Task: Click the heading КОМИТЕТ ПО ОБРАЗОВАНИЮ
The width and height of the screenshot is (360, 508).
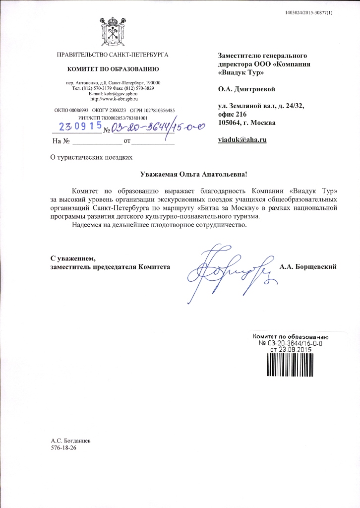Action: click(113, 67)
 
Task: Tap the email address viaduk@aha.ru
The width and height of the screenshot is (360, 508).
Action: click(242, 140)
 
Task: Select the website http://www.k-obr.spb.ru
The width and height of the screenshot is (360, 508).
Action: click(113, 99)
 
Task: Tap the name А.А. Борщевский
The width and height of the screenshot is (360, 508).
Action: click(308, 267)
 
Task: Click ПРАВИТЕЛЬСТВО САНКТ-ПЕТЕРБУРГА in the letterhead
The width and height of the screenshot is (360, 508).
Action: click(113, 54)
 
